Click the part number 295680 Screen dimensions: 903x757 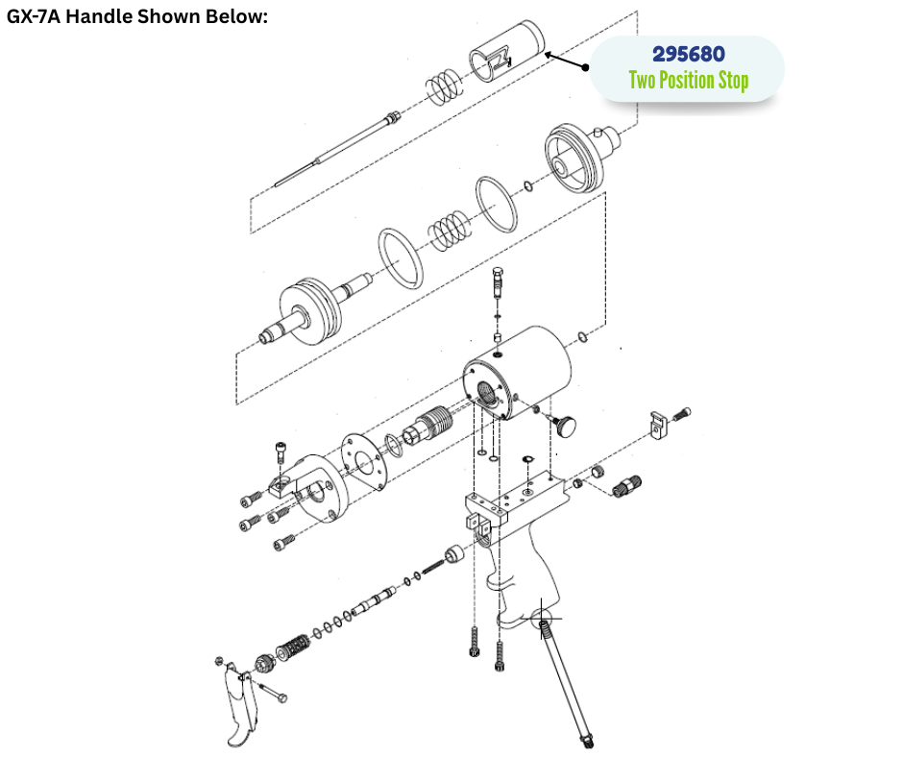pyautogui.click(x=688, y=54)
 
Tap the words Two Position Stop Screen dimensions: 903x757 pyautogui.click(x=688, y=80)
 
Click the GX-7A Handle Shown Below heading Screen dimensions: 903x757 pyautogui.click(x=137, y=16)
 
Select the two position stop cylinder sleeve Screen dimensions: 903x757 pyautogui.click(x=507, y=51)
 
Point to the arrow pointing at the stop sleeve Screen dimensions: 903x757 pyautogui.click(x=567, y=61)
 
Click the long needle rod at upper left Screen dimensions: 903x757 pyautogui.click(x=337, y=148)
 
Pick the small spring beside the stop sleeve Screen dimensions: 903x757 pyautogui.click(x=444, y=87)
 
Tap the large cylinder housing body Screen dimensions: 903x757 pyautogui.click(x=518, y=372)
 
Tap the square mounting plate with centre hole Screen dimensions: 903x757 pyautogui.click(x=364, y=462)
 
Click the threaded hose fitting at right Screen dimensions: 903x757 pyautogui.click(x=626, y=486)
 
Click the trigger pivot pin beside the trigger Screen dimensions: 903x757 pyautogui.click(x=273, y=692)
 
